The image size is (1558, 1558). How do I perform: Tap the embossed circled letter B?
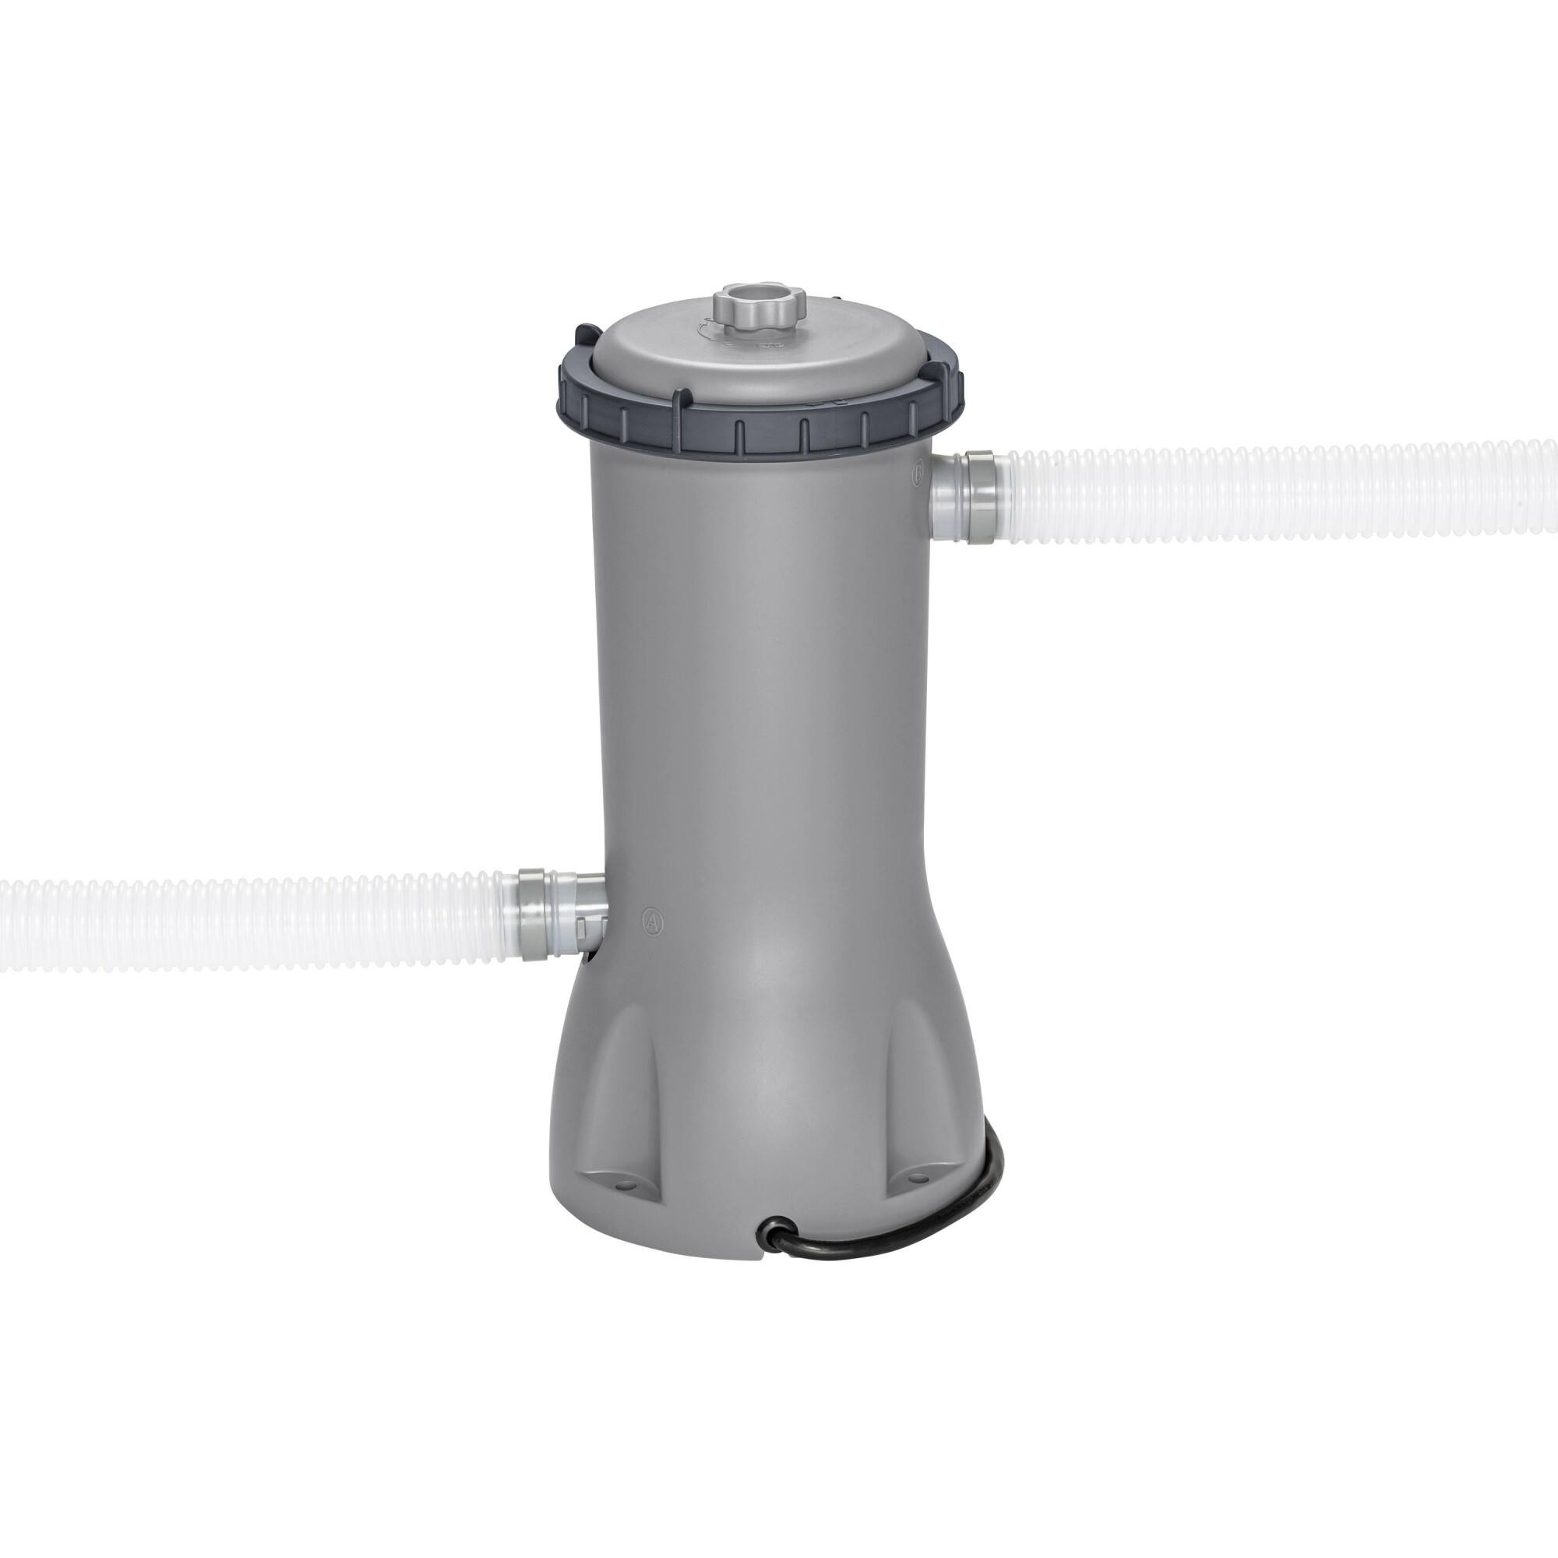(x=917, y=474)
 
